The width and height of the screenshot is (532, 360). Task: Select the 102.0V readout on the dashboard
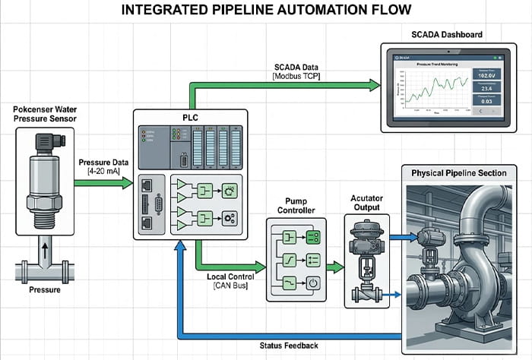(488, 75)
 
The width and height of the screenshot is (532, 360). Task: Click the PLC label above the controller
(189, 116)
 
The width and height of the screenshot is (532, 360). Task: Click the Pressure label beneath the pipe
(44, 289)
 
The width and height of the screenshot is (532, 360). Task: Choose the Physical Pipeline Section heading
(458, 173)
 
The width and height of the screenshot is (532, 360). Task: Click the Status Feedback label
(288, 346)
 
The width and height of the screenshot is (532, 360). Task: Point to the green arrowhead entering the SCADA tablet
(374, 85)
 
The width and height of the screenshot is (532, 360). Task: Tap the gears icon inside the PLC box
(229, 219)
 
